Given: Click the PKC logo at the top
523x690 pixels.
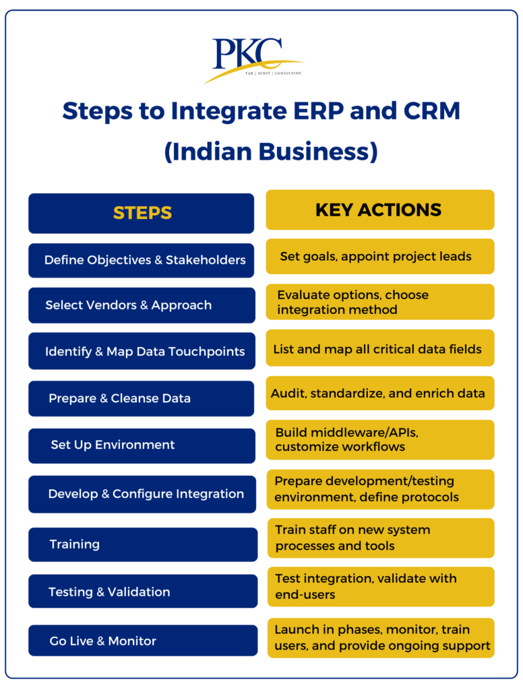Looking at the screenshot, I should (253, 59).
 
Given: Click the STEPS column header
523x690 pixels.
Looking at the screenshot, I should (142, 214).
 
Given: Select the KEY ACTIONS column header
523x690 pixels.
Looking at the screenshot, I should (379, 210).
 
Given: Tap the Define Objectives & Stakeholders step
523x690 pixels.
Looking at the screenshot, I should (142, 260).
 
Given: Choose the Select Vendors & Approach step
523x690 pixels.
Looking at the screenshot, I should (142, 305).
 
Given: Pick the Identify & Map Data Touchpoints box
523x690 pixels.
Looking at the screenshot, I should (142, 351).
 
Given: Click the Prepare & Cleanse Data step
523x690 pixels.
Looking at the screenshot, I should (142, 398).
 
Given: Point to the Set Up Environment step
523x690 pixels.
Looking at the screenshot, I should (142, 445).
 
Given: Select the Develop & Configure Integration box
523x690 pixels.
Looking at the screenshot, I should (142, 494).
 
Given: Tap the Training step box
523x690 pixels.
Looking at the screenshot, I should (142, 544).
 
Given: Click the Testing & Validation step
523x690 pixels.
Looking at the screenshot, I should (142, 592).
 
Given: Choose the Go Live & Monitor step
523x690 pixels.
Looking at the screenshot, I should (142, 641).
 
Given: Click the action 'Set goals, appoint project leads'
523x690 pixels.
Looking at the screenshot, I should (379, 256).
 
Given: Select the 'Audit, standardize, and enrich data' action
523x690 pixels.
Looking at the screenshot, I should (379, 393).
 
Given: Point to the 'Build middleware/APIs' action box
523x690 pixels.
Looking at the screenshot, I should (379, 439).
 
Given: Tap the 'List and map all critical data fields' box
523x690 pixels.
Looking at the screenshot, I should (379, 349).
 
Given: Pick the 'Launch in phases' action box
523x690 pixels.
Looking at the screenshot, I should (379, 637).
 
